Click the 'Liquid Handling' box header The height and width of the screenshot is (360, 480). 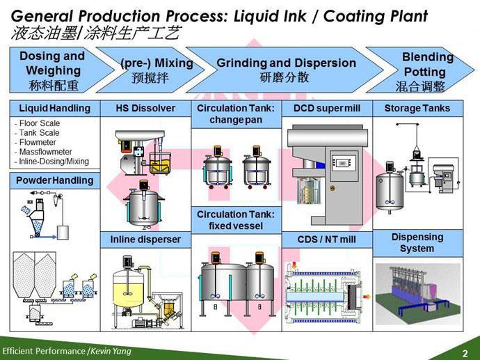[54, 109]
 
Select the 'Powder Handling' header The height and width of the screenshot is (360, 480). [54, 180]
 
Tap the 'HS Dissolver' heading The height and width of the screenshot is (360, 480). [145, 109]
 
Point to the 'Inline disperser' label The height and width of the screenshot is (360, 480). [145, 240]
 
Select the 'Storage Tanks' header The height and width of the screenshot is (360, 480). [417, 109]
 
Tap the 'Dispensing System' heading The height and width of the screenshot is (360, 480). [417, 243]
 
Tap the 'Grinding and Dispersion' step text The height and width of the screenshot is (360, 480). [286, 63]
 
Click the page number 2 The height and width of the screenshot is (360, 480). [465, 352]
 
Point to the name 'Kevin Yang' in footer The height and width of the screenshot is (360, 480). [109, 351]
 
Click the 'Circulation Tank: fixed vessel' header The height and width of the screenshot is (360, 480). [236, 220]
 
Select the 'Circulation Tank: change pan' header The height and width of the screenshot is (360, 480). [236, 114]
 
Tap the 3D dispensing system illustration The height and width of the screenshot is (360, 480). [418, 292]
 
